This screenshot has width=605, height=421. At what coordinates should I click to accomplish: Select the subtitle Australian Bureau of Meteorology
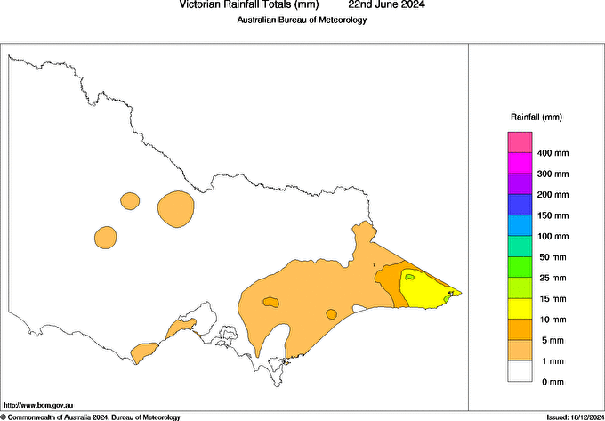pos(302,20)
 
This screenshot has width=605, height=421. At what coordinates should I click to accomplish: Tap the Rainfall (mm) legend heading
pos(536,117)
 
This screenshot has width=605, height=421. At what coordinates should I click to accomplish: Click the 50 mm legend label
pos(549,257)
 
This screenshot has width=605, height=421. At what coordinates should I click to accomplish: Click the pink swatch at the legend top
pos(520,142)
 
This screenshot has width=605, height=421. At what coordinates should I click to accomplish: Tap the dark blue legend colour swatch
pos(520,205)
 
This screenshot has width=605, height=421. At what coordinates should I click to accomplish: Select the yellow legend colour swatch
pos(520,309)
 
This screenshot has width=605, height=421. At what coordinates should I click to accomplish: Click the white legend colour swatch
pos(520,371)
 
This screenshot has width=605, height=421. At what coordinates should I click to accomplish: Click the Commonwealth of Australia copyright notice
pos(91,417)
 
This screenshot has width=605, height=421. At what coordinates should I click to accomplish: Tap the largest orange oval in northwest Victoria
pos(176,208)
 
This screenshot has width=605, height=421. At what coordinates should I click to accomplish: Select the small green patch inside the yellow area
pos(410,277)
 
